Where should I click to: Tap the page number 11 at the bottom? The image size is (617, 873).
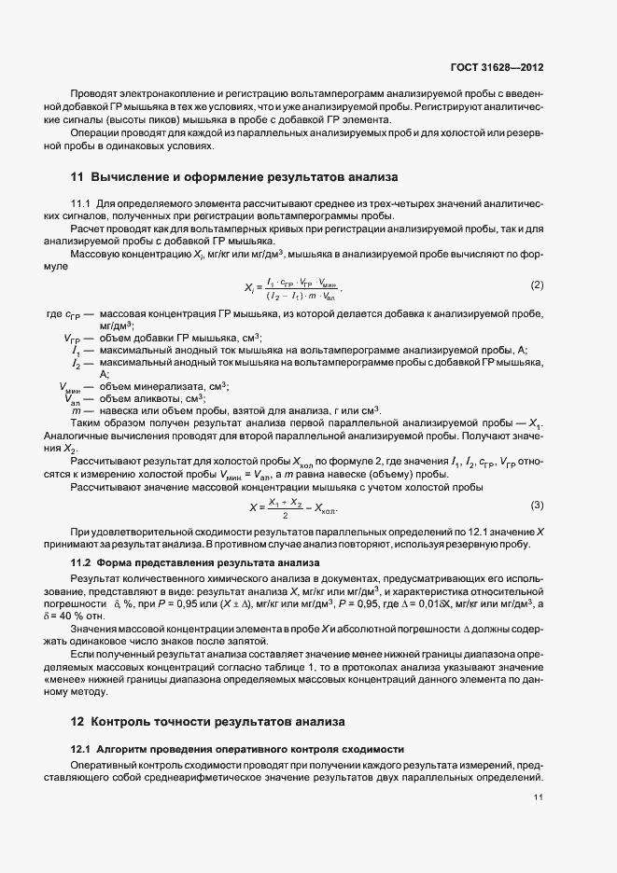pos(539,797)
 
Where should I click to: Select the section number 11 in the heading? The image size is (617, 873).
pos(77,175)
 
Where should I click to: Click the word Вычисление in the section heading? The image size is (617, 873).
pos(135,175)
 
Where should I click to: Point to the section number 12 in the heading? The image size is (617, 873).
pos(78,721)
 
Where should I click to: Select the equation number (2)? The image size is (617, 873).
pos(537,284)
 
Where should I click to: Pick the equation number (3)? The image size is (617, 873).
pos(537,505)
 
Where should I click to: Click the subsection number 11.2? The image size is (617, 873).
pos(85,562)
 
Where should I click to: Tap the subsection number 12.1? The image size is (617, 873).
pos(85,749)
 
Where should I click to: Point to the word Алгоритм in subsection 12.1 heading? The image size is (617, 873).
pos(125,749)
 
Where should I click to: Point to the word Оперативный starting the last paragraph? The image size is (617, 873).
pos(104,765)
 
